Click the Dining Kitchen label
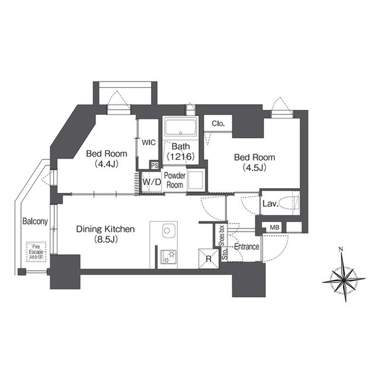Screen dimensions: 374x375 [x=105, y=229]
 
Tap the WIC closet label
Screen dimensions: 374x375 [x=149, y=142]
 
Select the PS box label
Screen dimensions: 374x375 [x=155, y=165]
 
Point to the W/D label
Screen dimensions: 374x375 [x=152, y=182]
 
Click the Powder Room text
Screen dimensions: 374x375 [x=174, y=180]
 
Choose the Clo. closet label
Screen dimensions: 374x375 [x=218, y=124]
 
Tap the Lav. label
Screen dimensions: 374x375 [x=270, y=204]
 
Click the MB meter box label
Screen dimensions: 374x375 [x=275, y=227]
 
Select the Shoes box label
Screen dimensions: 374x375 [x=222, y=236]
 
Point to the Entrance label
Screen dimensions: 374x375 [x=246, y=247]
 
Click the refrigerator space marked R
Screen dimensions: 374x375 [x=208, y=259]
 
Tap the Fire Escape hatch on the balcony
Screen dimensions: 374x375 [x=36, y=252]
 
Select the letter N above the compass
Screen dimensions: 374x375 [x=341, y=250]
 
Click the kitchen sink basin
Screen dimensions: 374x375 [x=167, y=231]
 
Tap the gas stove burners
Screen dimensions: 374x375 [x=169, y=257]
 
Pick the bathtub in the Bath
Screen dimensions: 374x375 [x=180, y=128]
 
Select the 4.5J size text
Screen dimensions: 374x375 [x=255, y=168]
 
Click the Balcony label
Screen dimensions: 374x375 [x=35, y=221]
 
